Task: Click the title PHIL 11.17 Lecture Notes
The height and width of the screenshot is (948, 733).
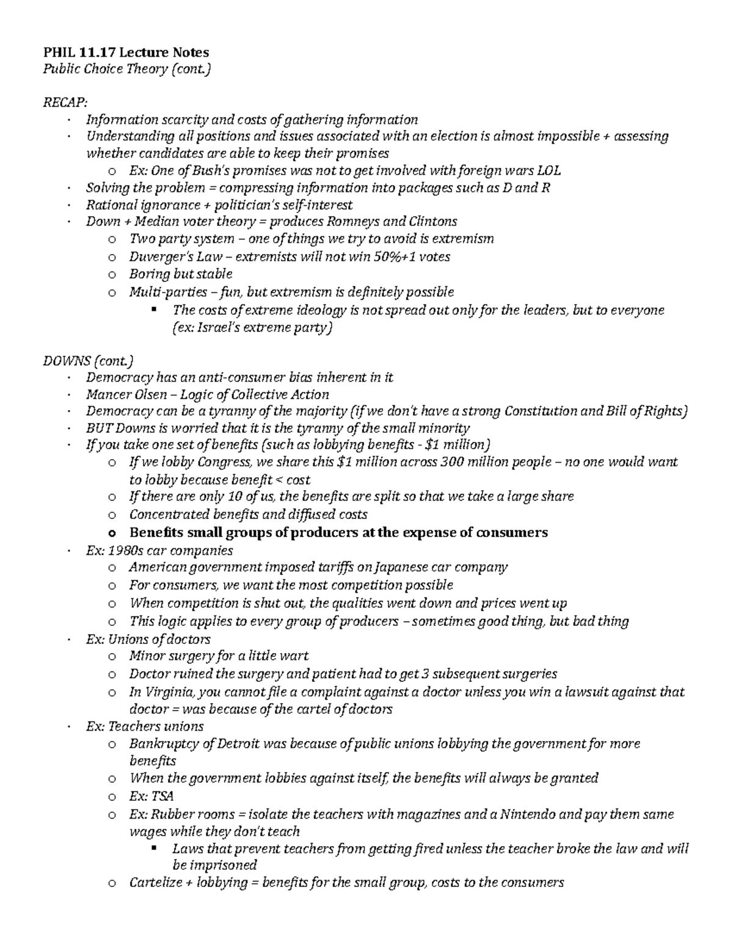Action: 126,52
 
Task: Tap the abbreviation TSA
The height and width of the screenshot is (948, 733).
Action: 164,796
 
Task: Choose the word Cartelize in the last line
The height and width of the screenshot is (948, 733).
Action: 155,882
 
